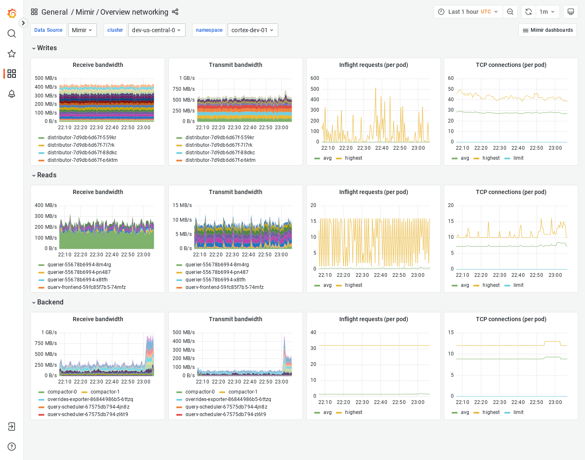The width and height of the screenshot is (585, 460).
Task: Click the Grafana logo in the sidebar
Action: (12, 13)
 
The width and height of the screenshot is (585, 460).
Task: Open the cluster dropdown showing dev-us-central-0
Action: (157, 30)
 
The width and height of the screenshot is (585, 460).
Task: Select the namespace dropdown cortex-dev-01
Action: (252, 30)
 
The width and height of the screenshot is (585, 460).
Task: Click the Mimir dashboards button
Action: (547, 30)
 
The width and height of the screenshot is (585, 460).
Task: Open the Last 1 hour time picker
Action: (468, 12)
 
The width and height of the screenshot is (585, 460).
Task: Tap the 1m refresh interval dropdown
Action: (547, 12)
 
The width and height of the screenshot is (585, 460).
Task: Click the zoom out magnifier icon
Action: (510, 12)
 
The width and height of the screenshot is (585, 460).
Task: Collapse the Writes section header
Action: (44, 48)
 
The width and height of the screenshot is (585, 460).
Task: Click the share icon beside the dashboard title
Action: (175, 12)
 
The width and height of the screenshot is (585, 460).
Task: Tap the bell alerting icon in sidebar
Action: (12, 94)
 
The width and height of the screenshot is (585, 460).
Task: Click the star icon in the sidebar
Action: (12, 54)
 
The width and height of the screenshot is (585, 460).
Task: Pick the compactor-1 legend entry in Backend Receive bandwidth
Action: (105, 392)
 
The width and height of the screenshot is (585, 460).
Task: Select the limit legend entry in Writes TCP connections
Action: (518, 158)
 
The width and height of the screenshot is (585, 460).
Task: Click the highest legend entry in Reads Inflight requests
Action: (354, 285)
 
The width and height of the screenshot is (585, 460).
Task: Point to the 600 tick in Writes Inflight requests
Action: (315, 78)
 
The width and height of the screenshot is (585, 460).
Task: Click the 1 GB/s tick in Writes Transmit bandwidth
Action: (187, 78)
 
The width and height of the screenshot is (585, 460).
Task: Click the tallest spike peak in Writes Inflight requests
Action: (376, 88)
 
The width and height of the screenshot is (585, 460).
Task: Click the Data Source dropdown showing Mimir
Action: (82, 30)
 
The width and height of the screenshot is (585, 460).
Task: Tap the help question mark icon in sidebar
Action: (12, 447)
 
